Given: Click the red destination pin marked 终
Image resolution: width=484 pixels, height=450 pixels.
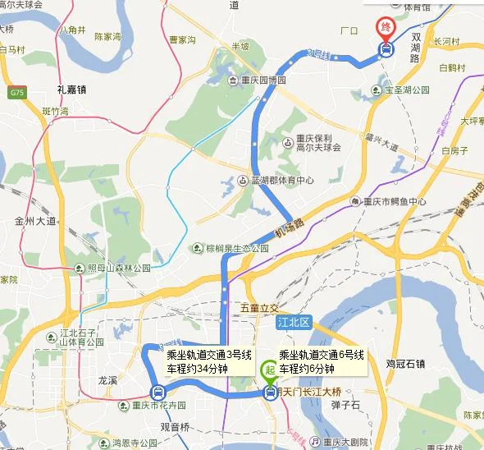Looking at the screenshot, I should [385, 26].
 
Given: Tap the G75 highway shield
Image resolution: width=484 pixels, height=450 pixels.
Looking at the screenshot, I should [17, 93].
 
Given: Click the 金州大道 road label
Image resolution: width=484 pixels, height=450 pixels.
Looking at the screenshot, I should [35, 221].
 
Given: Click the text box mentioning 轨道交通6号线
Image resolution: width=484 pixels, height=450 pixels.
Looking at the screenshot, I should [320, 362].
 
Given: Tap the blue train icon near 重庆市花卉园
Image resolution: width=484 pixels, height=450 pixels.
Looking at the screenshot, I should [157, 392].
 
